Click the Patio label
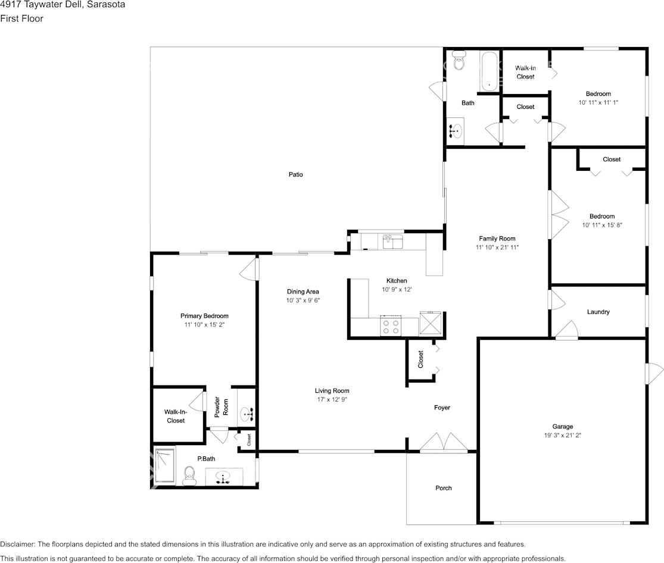pos(296,174)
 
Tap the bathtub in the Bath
pos(489,71)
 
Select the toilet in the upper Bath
pos(459,60)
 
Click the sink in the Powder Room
pos(246,412)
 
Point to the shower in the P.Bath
pos(163,465)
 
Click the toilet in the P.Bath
pos(190,474)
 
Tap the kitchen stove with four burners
pos(391,326)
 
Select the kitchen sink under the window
pos(392,241)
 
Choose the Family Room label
pos(497,239)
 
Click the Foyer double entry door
pos(442,443)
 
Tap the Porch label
pos(443,488)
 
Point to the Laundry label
pos(598,312)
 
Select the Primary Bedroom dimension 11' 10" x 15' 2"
pos(204,325)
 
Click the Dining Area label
pos(303,292)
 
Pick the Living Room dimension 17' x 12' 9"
pos(332,399)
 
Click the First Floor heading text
pos(21,18)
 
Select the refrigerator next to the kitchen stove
pos(431,324)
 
